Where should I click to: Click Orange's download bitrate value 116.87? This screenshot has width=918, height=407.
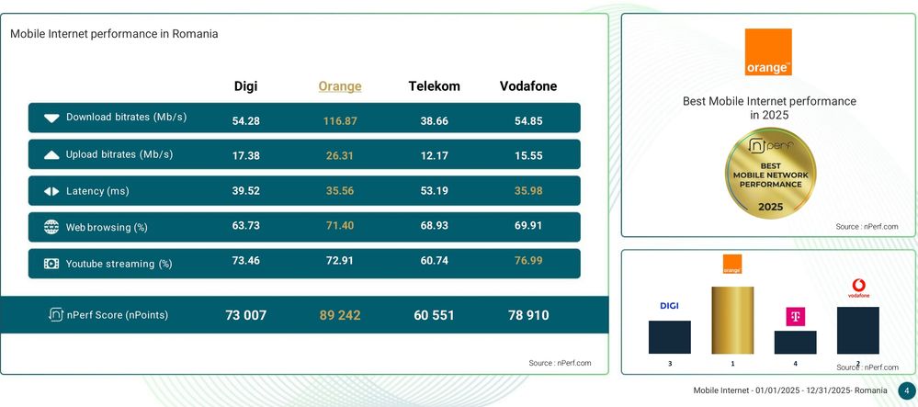[x=340, y=121]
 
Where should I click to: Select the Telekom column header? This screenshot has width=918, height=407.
[x=434, y=86]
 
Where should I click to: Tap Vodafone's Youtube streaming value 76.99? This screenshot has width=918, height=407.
[x=528, y=260]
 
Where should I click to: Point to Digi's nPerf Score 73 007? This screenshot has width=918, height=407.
[x=246, y=315]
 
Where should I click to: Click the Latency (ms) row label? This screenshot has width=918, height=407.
[x=97, y=191]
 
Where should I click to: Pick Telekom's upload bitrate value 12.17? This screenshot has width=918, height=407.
[x=434, y=156]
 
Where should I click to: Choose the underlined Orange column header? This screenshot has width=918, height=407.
[x=340, y=86]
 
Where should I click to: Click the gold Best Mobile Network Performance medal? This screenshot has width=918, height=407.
[x=770, y=174]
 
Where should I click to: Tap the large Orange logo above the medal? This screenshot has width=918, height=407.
[x=768, y=52]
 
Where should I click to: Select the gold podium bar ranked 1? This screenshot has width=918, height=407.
[x=732, y=320]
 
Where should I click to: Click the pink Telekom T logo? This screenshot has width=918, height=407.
[x=795, y=317]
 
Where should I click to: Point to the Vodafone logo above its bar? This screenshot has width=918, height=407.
[x=859, y=288]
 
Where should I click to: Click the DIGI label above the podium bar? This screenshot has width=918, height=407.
[x=669, y=306]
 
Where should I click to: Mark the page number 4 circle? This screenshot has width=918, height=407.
[x=906, y=390]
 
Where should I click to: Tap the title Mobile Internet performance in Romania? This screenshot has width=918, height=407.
[x=114, y=34]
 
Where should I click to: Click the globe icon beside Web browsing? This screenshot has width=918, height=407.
[x=51, y=227]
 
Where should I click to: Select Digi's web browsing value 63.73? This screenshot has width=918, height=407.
[x=246, y=225]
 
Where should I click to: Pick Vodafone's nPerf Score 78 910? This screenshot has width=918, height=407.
[x=528, y=315]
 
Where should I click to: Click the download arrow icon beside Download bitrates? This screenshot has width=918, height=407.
[x=51, y=118]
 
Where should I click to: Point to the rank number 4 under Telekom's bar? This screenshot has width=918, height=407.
[x=795, y=364]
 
